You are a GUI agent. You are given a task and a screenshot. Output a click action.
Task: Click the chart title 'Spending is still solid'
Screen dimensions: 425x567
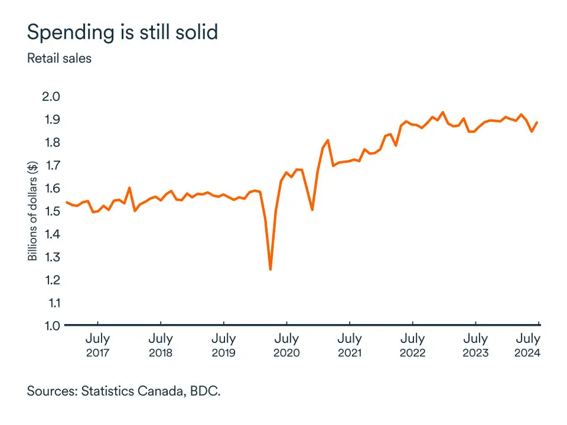tap(122, 32)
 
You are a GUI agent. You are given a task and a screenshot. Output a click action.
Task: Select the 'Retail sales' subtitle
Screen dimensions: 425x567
tap(59, 58)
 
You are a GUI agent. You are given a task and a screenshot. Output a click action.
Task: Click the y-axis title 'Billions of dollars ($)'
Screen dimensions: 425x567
tap(32, 211)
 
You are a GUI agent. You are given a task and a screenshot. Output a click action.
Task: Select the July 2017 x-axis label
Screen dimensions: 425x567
tap(97, 345)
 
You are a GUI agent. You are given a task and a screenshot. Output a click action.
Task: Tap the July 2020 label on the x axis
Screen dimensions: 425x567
tap(286, 345)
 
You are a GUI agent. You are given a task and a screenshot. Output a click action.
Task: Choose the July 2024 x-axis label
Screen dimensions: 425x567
tap(527, 345)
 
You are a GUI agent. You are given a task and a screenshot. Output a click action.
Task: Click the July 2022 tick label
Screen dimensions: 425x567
tap(412, 345)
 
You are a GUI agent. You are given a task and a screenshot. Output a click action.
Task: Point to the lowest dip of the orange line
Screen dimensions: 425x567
tap(270, 269)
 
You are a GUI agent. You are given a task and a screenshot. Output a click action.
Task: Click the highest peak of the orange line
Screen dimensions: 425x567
tap(443, 112)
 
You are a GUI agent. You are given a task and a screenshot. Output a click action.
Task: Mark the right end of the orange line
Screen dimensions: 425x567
tap(537, 122)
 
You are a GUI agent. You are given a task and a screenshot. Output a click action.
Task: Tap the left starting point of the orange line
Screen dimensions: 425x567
tap(66, 202)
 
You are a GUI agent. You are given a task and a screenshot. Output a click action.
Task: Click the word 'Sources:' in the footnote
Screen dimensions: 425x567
tap(52, 391)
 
